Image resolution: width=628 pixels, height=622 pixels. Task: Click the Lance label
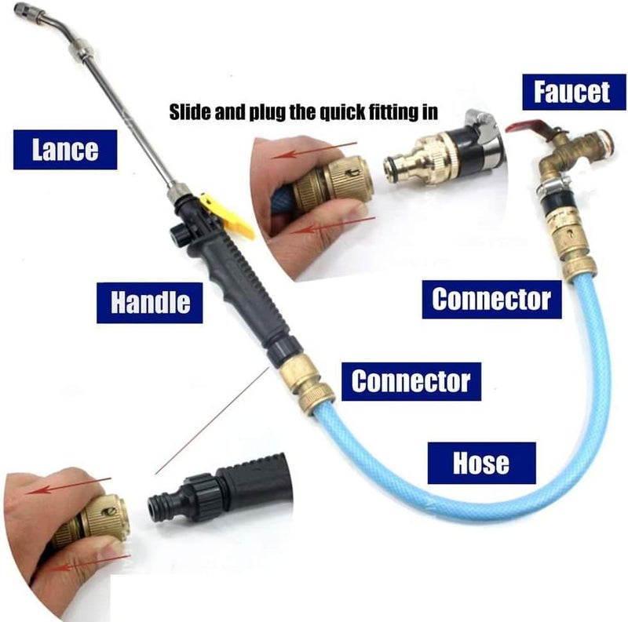(x=65, y=150)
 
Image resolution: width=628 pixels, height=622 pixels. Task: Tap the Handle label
(x=150, y=303)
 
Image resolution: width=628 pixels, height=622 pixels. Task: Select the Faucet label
(x=573, y=92)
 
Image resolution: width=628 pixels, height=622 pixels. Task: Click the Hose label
(x=481, y=463)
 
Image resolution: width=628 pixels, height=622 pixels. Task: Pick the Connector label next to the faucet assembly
(x=492, y=300)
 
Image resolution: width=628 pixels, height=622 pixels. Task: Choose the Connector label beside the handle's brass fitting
(x=411, y=381)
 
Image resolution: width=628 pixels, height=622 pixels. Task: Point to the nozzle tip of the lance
(x=20, y=9)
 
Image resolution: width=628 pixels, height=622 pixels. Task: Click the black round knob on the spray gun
(x=178, y=236)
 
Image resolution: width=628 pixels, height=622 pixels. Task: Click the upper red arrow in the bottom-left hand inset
(x=68, y=485)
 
